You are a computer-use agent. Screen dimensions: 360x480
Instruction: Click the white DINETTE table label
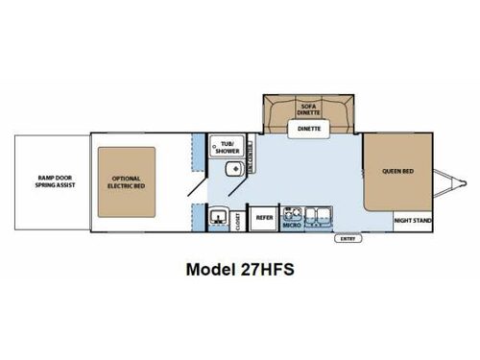click(308, 127)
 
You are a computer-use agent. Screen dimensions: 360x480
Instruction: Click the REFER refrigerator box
click(264, 219)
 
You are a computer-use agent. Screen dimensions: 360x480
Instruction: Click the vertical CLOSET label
click(237, 220)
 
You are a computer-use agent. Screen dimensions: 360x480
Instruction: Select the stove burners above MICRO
click(294, 213)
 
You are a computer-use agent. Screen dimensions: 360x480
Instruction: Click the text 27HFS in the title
click(268, 271)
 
